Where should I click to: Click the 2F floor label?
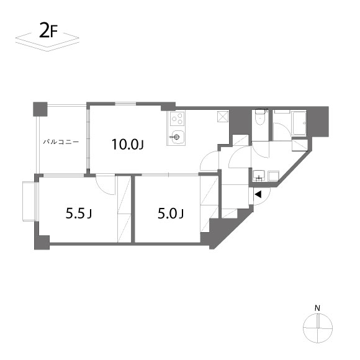click(x=48, y=30)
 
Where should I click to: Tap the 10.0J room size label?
click(x=128, y=145)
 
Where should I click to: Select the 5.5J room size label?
click(x=79, y=214)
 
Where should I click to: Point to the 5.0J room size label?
click(x=170, y=214)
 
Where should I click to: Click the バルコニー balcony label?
click(x=61, y=142)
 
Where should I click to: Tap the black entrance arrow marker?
click(x=258, y=195)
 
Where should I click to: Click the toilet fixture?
click(x=260, y=117)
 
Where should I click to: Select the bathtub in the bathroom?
click(x=299, y=124)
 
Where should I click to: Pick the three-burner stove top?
click(x=178, y=119)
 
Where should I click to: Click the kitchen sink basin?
click(x=176, y=137)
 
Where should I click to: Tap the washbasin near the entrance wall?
click(x=259, y=176)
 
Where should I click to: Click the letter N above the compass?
click(x=318, y=308)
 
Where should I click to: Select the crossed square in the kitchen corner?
click(x=223, y=117)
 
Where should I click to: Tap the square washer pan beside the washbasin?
click(x=273, y=176)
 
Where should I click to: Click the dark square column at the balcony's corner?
click(x=40, y=109)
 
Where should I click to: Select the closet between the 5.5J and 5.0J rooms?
click(x=124, y=209)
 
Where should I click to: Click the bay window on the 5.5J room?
click(x=29, y=201)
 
